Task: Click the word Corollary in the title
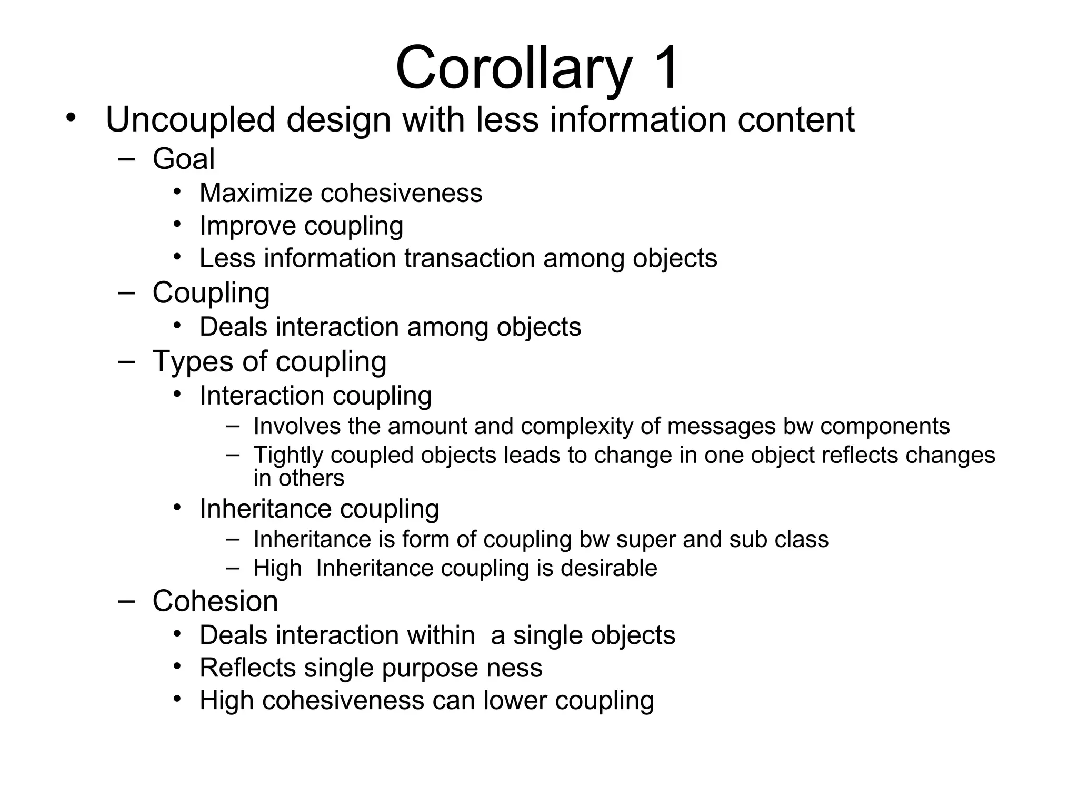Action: [513, 68]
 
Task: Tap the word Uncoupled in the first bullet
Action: [190, 120]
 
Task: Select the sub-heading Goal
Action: [184, 158]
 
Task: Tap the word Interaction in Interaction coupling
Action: [262, 396]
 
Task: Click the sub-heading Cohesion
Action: [215, 601]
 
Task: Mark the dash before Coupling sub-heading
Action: [127, 293]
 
